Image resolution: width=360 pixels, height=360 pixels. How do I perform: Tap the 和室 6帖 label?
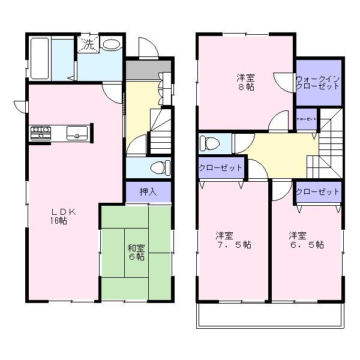pyautogui.click(x=135, y=251)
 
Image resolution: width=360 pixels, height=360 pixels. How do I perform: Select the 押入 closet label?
pyautogui.click(x=148, y=193)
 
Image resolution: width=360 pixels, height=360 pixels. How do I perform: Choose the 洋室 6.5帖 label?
pyautogui.click(x=305, y=240)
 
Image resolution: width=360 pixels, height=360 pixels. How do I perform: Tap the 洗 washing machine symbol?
pyautogui.click(x=88, y=44)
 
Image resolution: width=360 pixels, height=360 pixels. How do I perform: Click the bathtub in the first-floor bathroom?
pyautogui.click(x=40, y=57)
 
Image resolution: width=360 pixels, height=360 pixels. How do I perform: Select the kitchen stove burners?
pyautogui.click(x=40, y=132)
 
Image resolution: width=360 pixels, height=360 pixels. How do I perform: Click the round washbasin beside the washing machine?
pyautogui.click(x=111, y=46)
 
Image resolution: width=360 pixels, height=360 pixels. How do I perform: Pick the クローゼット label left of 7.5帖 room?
pyautogui.click(x=220, y=168)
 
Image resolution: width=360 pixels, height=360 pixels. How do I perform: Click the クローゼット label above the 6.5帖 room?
pyautogui.click(x=317, y=192)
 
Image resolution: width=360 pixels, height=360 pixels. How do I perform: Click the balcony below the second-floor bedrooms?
pyautogui.click(x=271, y=315)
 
